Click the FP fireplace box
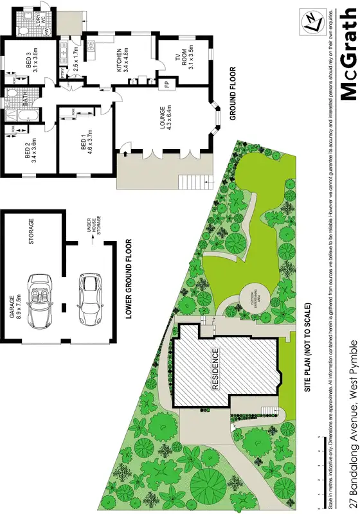(167, 84)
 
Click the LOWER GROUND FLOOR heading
(129, 279)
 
